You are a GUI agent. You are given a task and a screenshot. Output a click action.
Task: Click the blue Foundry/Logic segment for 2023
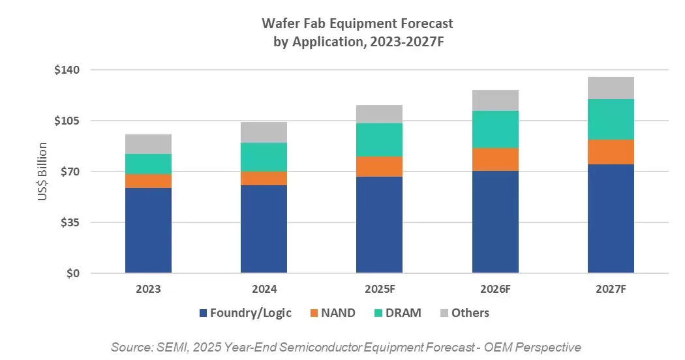tap(148, 230)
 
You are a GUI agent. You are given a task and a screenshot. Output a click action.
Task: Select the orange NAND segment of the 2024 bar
tap(264, 178)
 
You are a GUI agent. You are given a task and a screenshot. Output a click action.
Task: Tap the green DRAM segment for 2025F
tap(379, 140)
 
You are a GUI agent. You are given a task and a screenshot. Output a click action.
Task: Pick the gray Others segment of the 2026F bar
tap(495, 100)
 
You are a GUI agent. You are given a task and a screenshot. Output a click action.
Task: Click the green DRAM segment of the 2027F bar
tap(611, 119)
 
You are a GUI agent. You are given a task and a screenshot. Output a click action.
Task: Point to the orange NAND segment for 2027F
tap(611, 152)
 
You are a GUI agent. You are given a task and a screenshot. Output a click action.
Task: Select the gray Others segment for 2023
tap(148, 144)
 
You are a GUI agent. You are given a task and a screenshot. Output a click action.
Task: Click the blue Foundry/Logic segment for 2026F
tap(495, 222)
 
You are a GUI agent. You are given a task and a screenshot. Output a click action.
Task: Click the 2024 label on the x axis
tap(264, 289)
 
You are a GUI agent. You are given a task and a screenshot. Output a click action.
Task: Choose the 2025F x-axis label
tap(379, 289)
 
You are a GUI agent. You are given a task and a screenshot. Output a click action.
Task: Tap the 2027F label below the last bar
tap(611, 289)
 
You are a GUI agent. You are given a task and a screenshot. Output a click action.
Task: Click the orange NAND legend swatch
tap(314, 313)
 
